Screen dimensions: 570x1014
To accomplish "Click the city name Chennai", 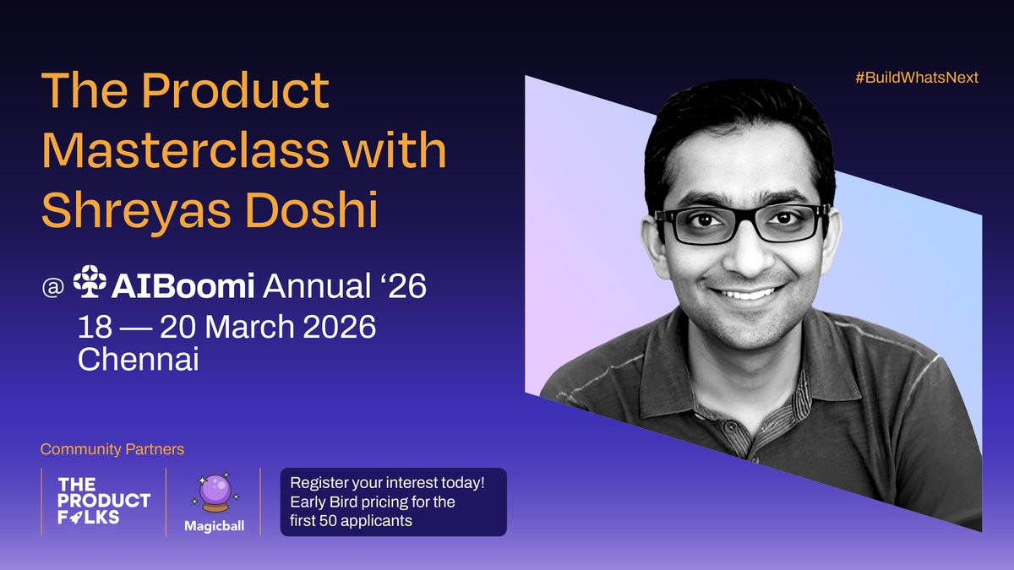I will pos(138,360).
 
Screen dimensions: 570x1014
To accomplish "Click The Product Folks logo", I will pos(103,501).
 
